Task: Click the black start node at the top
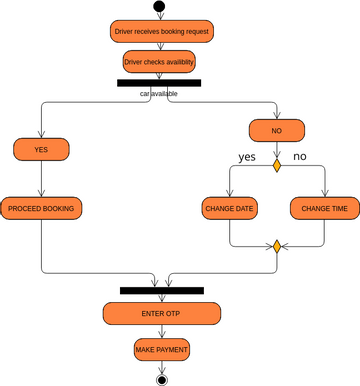click(159, 7)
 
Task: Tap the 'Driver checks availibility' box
click(159, 62)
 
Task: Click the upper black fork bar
click(159, 83)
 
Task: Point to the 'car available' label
click(160, 93)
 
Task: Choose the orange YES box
click(41, 149)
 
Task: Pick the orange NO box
click(277, 131)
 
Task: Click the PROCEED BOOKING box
click(41, 208)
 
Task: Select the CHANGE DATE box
click(230, 208)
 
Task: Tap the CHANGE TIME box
click(325, 208)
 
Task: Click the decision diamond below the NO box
click(277, 165)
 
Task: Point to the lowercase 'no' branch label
click(300, 157)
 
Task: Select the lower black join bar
click(161, 290)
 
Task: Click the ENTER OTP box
click(161, 313)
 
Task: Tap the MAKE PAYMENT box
click(161, 349)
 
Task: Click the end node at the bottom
click(161, 379)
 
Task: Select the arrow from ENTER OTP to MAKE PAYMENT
click(161, 331)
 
